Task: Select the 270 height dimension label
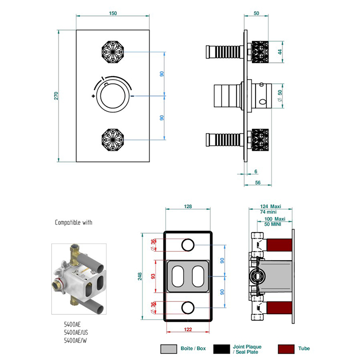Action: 57,96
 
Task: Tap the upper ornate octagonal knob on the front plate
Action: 113,51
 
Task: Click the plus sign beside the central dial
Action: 93,96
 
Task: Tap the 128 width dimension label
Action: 188,207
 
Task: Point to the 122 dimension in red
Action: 188,329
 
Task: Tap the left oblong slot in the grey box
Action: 177,277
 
